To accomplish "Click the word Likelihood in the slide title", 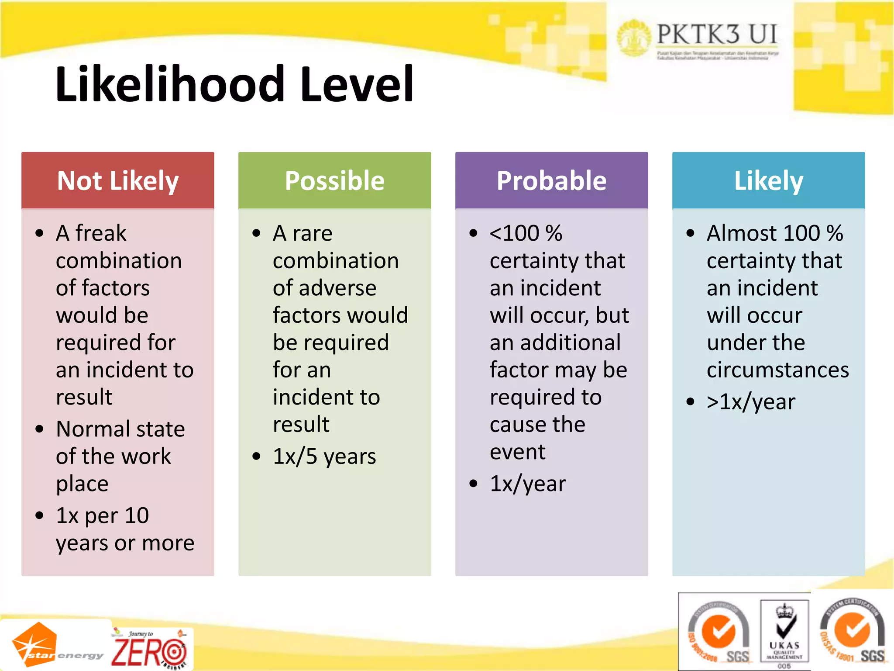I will coord(171,84).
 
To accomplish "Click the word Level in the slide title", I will coord(357,84).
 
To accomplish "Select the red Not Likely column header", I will coord(118,180).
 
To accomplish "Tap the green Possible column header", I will coord(334,180).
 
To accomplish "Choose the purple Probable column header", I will coord(551,180).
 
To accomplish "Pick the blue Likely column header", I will coord(768,180).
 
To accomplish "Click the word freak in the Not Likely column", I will coord(100,233).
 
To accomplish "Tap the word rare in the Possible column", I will coord(312,233).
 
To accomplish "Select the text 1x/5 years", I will coord(324,457).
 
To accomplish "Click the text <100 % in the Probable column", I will coord(526,233).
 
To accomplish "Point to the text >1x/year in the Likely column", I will coord(751,402).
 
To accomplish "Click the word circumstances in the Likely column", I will coord(777,370).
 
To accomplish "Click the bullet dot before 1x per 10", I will coord(40,516).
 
